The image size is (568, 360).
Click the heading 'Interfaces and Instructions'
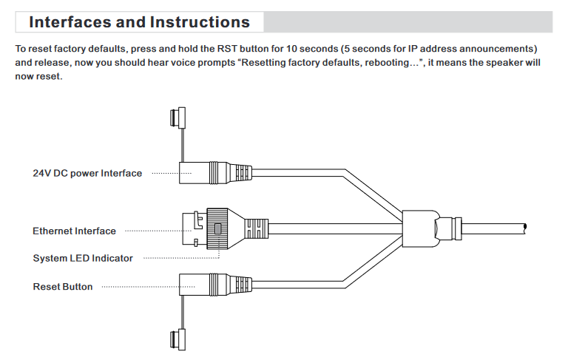(x=140, y=22)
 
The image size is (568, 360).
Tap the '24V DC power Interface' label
(x=87, y=173)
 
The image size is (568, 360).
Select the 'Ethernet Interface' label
(x=74, y=231)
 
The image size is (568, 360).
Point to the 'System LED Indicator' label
(x=83, y=258)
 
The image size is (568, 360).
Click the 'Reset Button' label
(x=63, y=287)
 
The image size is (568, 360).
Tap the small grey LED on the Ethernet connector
(x=217, y=228)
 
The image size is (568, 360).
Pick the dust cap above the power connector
(x=177, y=118)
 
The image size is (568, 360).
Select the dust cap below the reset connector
(x=177, y=339)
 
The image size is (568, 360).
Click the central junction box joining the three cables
(x=420, y=228)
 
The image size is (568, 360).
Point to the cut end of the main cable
(x=525, y=227)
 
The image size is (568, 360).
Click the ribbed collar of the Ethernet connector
(x=217, y=228)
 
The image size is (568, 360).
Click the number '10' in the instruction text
(x=291, y=49)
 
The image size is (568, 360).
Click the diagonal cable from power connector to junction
(x=373, y=194)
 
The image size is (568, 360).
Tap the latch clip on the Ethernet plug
(x=198, y=220)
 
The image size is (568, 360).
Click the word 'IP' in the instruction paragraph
(x=412, y=49)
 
